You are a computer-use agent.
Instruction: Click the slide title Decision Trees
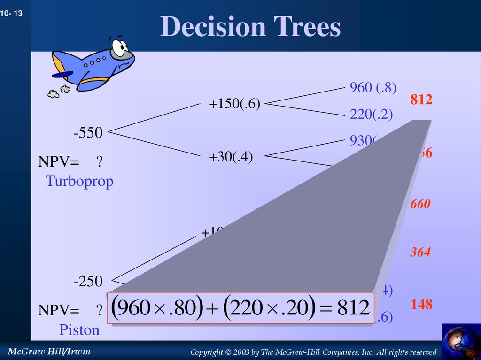250,27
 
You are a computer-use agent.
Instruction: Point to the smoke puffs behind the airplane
59,91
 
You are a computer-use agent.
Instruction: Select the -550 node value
88,133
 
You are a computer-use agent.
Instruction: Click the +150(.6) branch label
235,104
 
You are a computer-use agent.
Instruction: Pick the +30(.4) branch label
231,157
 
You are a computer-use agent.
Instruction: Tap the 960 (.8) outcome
373,87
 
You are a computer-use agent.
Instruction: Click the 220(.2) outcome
371,115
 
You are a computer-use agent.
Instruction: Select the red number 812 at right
421,100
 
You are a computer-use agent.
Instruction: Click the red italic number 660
420,204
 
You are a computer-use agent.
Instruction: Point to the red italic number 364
420,253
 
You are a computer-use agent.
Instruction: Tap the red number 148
421,305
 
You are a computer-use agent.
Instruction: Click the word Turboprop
79,181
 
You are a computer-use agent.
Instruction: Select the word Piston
79,330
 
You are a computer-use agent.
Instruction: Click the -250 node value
88,282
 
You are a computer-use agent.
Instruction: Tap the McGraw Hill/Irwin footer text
49,352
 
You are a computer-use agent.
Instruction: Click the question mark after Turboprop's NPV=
99,162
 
